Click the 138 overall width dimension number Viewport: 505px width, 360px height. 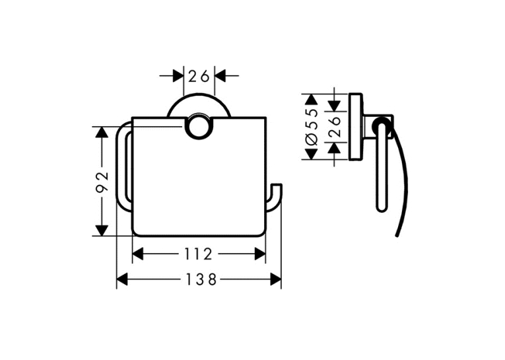tap(201, 279)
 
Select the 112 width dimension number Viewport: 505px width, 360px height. tap(198, 254)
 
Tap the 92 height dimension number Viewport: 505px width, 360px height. tap(102, 182)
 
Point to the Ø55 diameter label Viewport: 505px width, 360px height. tap(312, 127)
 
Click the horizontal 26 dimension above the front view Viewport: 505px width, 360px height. tap(199, 77)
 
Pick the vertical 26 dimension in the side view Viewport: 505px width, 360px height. tap(334, 127)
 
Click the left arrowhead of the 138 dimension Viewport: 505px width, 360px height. tap(122, 279)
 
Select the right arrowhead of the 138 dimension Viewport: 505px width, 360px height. tap(276, 279)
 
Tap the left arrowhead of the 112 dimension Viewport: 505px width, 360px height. tap(137, 254)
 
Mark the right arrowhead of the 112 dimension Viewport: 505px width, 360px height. tap(260, 254)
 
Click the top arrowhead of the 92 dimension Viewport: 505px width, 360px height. tap(102, 132)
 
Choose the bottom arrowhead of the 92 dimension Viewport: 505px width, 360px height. tap(102, 231)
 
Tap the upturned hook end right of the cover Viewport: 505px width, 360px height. tap(277, 198)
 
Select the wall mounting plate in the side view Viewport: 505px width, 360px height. tap(356, 127)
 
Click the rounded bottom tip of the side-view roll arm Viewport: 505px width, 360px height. tap(382, 210)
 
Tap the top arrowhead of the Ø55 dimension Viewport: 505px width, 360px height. tap(311, 99)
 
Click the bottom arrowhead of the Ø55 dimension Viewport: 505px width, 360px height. tap(311, 154)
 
